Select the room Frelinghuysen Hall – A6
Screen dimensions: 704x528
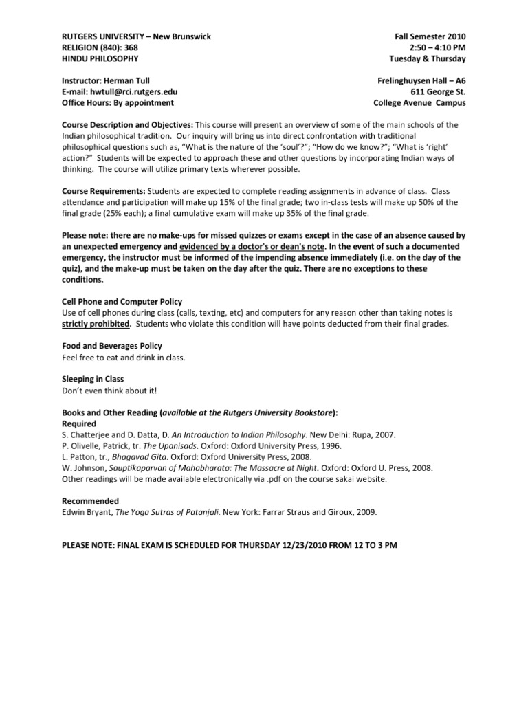421,80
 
